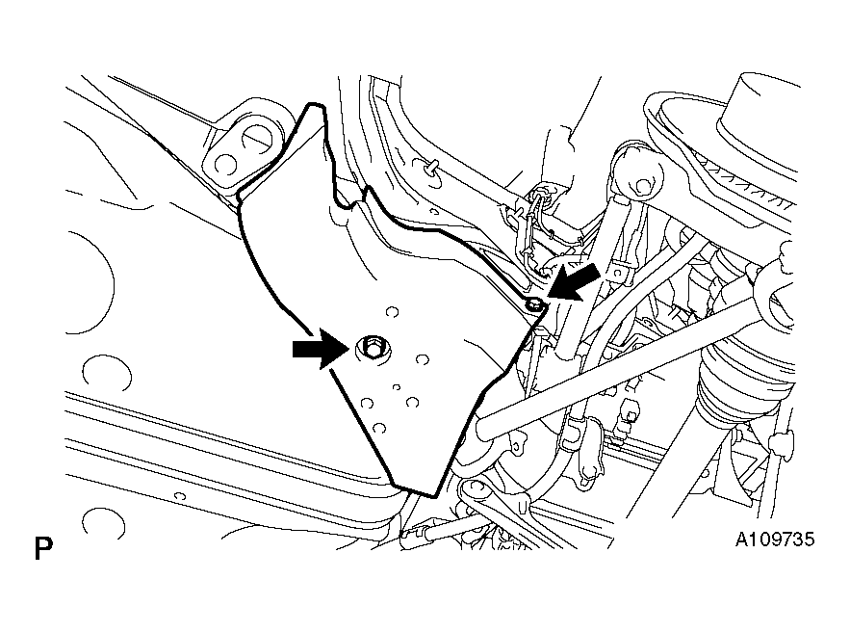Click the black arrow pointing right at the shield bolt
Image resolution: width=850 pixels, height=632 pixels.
pyautogui.click(x=320, y=349)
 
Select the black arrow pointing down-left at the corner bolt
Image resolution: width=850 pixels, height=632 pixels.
pyautogui.click(x=575, y=281)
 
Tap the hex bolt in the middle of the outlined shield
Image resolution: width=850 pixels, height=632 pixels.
pyautogui.click(x=372, y=348)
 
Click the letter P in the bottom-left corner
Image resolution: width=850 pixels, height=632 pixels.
pyautogui.click(x=43, y=548)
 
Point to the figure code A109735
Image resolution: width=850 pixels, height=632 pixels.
pyautogui.click(x=775, y=540)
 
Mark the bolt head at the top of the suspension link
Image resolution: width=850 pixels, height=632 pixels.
pyautogui.click(x=643, y=187)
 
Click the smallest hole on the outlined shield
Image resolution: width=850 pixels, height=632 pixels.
pyautogui.click(x=397, y=387)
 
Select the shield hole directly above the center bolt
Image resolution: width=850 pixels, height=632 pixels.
pyautogui.click(x=392, y=312)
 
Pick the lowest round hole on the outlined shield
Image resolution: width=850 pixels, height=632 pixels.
pyautogui.click(x=379, y=428)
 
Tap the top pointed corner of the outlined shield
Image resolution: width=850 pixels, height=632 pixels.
pyautogui.click(x=312, y=105)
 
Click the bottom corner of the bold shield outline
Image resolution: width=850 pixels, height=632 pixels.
pyautogui.click(x=434, y=495)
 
